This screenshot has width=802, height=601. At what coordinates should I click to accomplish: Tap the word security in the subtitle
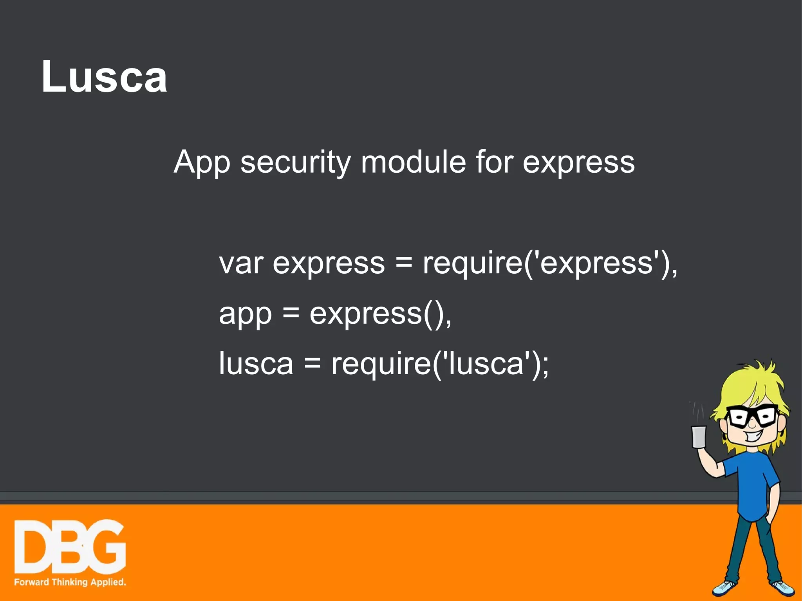pyautogui.click(x=295, y=162)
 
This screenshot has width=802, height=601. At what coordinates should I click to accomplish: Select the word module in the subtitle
pyautogui.click(x=413, y=162)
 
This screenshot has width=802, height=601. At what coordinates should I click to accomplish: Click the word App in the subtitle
pyautogui.click(x=202, y=163)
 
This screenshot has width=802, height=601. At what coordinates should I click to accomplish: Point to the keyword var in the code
pyautogui.click(x=241, y=263)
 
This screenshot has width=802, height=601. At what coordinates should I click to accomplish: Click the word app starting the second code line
pyautogui.click(x=245, y=314)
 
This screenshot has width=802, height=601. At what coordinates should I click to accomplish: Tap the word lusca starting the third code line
pyautogui.click(x=256, y=363)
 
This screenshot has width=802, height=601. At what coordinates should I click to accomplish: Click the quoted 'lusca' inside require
pyautogui.click(x=486, y=363)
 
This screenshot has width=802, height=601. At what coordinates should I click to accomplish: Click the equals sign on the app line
pyautogui.click(x=291, y=313)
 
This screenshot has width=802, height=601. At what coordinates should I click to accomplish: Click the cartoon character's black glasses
pyautogui.click(x=752, y=417)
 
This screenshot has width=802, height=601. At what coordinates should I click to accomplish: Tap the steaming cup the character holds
pyautogui.click(x=699, y=436)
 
